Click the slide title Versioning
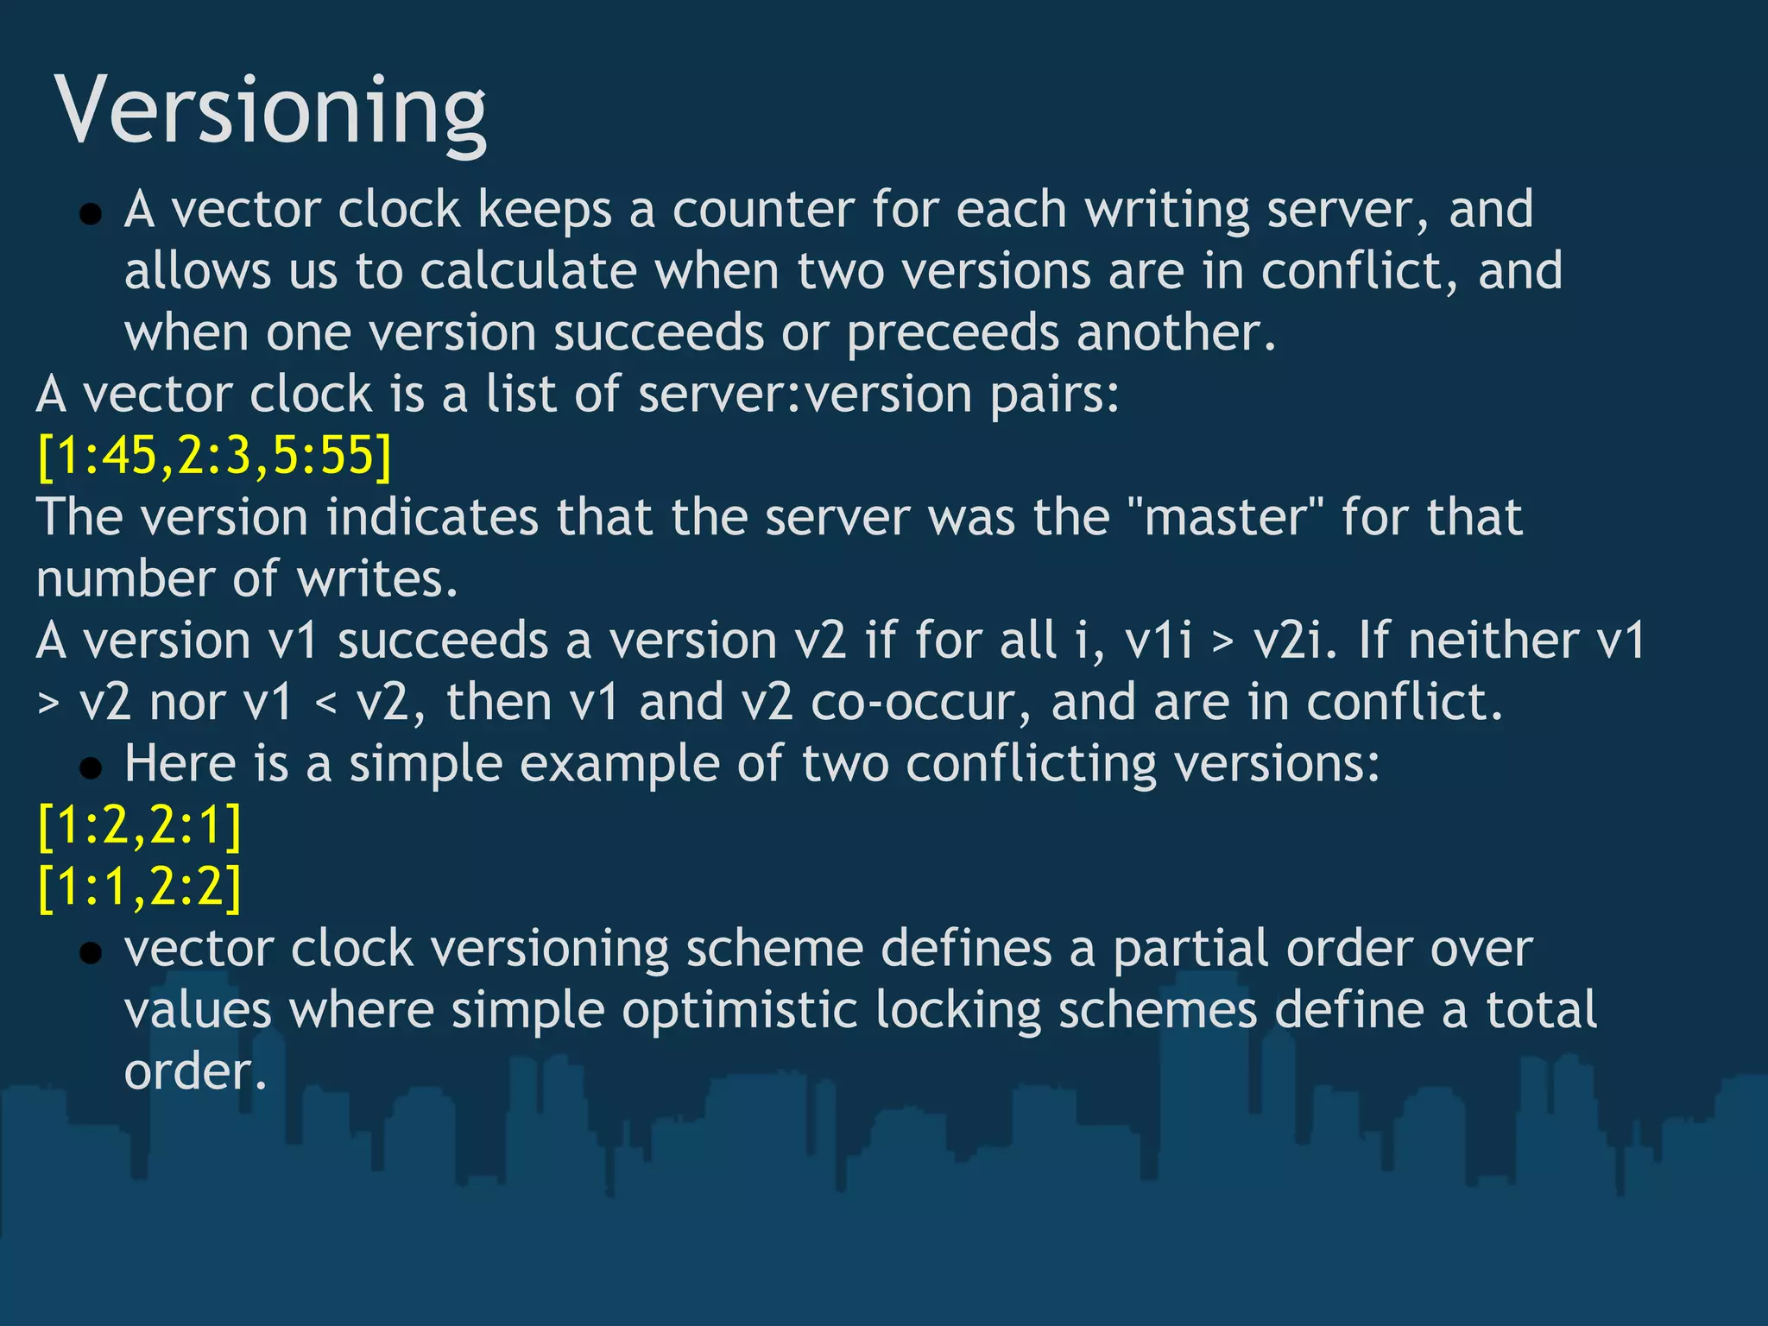(x=270, y=110)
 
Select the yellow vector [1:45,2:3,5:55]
(x=214, y=456)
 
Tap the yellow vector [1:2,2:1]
(x=139, y=826)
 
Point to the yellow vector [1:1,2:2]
(x=139, y=887)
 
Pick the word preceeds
(x=952, y=333)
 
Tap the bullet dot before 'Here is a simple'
(x=91, y=767)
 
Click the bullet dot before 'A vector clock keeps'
(x=91, y=213)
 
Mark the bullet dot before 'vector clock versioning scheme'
(x=91, y=952)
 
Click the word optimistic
(x=740, y=1011)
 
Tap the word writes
(x=377, y=579)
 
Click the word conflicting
(x=1032, y=764)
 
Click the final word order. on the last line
(x=195, y=1073)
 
